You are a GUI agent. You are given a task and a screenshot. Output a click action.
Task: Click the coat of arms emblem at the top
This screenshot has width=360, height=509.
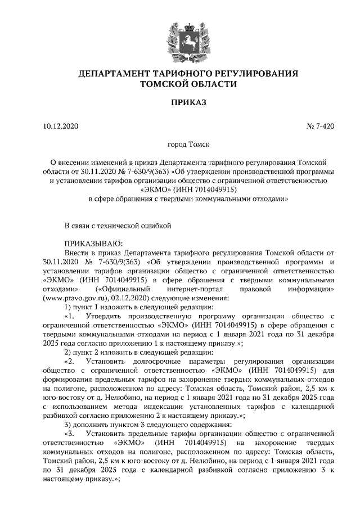[179, 39]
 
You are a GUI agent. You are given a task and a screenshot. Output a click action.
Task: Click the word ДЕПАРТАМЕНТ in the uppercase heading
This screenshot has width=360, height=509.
[110, 74]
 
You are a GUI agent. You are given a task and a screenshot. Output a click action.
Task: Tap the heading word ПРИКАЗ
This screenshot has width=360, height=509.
[179, 103]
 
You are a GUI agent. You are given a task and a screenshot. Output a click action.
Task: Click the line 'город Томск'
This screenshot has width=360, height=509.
[180, 145]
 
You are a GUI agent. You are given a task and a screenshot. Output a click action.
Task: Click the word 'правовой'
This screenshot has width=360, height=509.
[256, 289]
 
